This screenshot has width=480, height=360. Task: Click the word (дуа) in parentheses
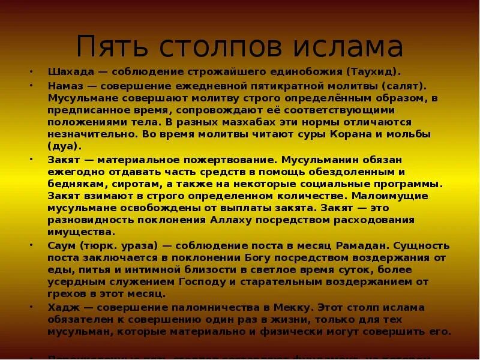point(64,145)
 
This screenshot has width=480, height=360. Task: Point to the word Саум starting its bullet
point(62,246)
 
